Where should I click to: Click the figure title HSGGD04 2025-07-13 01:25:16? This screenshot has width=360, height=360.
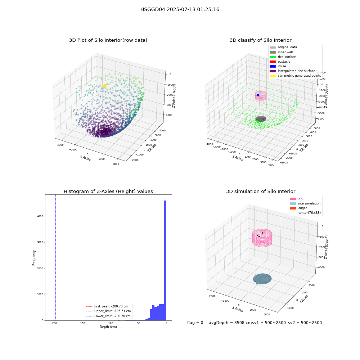(180, 9)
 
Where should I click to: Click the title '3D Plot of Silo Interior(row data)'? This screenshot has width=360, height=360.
(108, 40)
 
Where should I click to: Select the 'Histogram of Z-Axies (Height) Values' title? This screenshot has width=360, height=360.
(108, 192)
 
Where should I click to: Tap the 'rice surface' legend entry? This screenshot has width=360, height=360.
(282, 57)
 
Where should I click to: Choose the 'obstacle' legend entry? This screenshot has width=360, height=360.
(280, 62)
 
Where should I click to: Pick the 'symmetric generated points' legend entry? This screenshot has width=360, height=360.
(295, 76)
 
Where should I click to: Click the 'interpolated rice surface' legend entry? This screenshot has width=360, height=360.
(292, 71)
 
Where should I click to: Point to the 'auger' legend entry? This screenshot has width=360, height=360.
(298, 208)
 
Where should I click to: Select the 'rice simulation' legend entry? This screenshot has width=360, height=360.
(305, 203)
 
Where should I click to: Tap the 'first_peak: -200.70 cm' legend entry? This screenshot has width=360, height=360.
(107, 306)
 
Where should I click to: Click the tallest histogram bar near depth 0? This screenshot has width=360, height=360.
(165, 260)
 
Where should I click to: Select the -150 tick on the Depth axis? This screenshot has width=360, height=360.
(82, 323)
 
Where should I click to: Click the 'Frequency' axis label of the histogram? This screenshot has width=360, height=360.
(34, 258)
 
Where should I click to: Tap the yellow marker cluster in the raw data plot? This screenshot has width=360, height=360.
(105, 86)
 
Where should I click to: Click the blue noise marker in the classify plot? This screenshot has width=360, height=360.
(258, 95)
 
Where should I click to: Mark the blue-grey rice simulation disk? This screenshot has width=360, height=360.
(262, 279)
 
